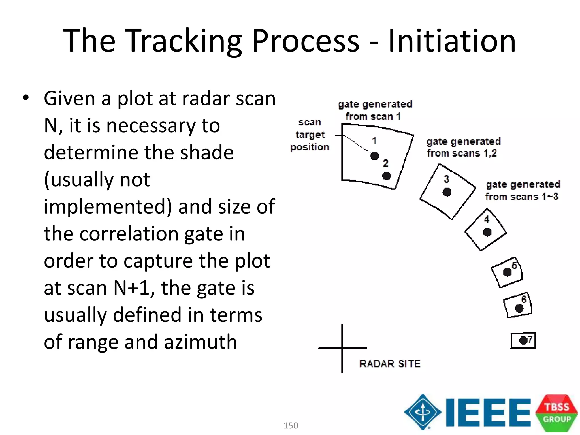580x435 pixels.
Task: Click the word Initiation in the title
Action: pos(452,41)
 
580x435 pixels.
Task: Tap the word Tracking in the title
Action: pos(183,41)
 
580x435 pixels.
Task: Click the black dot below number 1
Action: pos(375,156)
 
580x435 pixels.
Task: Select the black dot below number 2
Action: pos(387,176)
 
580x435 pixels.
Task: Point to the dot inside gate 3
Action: pos(447,192)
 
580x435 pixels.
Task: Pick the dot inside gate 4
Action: pos(487,232)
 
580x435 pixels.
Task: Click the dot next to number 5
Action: pos(507,272)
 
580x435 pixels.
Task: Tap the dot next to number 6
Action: pos(519,308)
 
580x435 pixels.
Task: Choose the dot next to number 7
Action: pos(523,340)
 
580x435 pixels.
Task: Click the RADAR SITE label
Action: pos(390,364)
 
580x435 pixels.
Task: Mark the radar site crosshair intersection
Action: pos(342,348)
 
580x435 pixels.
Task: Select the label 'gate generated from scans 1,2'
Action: pos(463,147)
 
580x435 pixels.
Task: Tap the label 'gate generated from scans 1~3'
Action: pos(523,190)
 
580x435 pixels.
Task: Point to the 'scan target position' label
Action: pos(310,135)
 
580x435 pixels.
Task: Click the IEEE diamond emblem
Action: pos(423,412)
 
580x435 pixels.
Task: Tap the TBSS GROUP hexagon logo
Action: pos(556,413)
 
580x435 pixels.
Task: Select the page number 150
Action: pos(291,425)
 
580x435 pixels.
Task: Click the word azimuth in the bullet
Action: pos(201,342)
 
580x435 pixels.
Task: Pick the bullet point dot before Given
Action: pos(26,98)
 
